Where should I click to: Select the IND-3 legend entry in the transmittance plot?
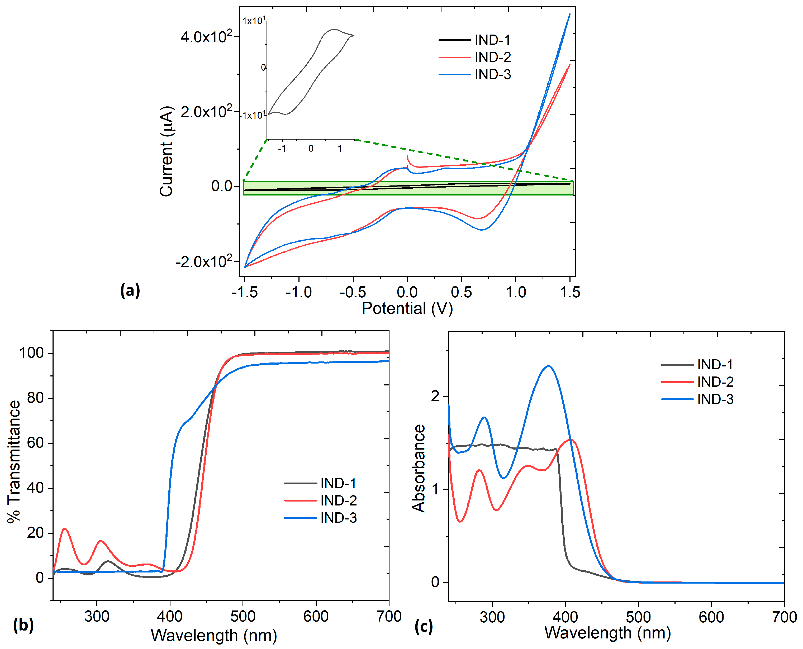point(320,518)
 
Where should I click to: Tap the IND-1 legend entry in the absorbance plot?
point(697,365)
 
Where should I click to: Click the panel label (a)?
point(130,290)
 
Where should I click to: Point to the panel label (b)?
point(23,625)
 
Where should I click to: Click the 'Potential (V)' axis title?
point(407,308)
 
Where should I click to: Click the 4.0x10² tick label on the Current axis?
point(206,36)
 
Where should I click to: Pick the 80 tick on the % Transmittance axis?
point(36,398)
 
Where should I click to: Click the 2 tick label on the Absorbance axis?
point(435,396)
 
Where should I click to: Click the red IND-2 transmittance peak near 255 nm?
point(65,529)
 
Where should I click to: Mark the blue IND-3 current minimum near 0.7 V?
point(482,230)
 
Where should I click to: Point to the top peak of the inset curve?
point(334,29)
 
